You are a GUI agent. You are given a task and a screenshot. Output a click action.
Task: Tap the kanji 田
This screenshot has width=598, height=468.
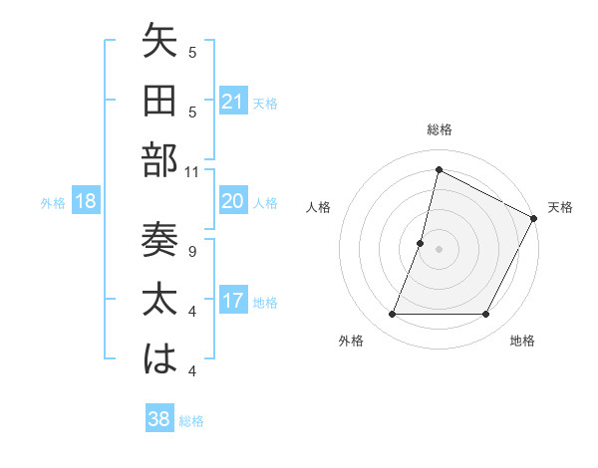click(x=159, y=102)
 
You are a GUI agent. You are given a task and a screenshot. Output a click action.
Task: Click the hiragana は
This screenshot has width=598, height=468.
click(x=159, y=360)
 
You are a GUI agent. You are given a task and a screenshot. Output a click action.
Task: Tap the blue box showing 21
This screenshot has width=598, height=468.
click(x=233, y=102)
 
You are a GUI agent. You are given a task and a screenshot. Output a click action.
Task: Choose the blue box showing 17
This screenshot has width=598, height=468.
click(x=233, y=302)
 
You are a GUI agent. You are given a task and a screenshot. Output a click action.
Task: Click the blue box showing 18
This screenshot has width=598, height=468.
click(x=86, y=202)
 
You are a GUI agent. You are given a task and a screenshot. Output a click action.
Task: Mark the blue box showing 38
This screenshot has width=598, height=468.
click(x=159, y=420)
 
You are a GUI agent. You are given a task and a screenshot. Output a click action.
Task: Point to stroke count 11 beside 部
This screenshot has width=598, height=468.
click(x=192, y=172)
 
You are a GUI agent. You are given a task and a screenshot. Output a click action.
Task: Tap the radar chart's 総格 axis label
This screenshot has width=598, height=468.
click(x=440, y=130)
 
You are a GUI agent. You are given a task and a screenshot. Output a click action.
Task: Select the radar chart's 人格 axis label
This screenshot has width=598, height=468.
click(x=319, y=207)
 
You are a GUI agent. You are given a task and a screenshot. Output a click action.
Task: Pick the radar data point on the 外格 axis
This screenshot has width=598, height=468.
click(x=392, y=315)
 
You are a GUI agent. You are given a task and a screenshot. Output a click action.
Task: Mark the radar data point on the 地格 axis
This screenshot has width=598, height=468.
click(x=486, y=315)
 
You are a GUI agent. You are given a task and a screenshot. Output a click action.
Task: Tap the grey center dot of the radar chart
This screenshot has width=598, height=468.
click(x=439, y=249)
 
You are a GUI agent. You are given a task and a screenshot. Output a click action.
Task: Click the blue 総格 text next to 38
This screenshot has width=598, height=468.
click(x=191, y=421)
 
